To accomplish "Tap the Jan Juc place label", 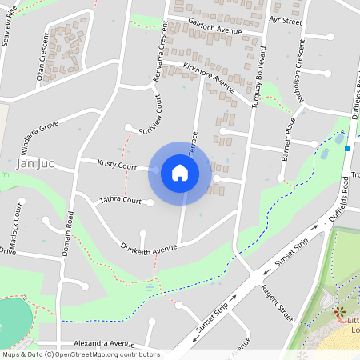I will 35,163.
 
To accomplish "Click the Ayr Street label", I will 286,21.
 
